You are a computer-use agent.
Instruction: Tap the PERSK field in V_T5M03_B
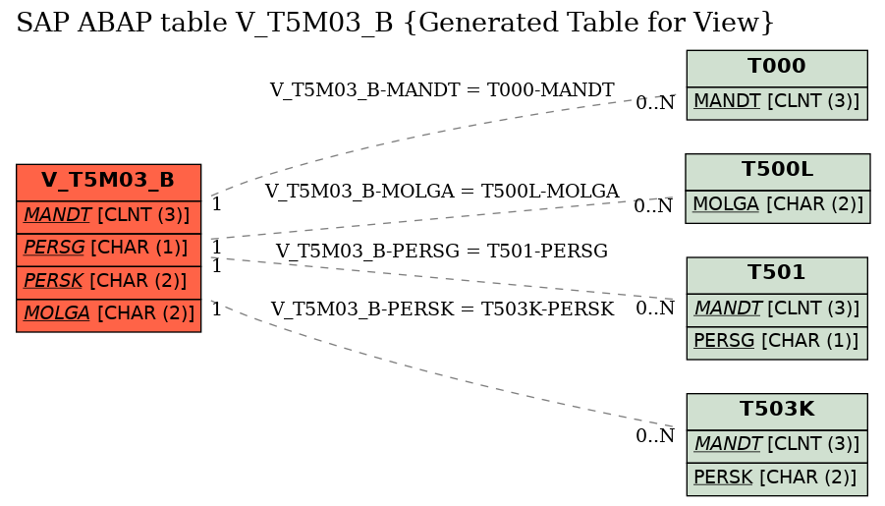[x=108, y=282]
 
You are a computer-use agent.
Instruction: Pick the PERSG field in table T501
[x=777, y=343]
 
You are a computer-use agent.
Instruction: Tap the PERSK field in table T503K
[x=777, y=478]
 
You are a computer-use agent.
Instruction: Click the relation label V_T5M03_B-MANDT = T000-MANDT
[x=442, y=89]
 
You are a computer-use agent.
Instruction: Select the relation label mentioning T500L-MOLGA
[x=442, y=191]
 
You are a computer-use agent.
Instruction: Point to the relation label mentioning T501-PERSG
[x=442, y=251]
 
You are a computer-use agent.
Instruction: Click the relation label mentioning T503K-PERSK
[x=442, y=309]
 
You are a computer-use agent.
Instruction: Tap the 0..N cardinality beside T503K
[x=655, y=435]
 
